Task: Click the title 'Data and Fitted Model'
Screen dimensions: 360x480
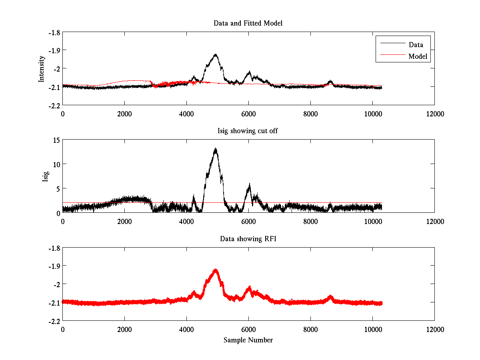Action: (x=248, y=23)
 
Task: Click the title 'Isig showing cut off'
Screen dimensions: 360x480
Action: (x=248, y=131)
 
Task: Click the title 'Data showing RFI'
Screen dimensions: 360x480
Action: (x=248, y=239)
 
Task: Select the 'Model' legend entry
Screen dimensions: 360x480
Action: (x=418, y=56)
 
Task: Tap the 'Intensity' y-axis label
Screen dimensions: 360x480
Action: (x=41, y=69)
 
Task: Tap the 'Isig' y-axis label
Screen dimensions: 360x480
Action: (x=45, y=176)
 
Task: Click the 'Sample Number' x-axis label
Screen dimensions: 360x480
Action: (x=248, y=340)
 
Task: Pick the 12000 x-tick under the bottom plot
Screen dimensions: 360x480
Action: (x=434, y=330)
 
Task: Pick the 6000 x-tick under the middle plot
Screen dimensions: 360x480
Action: (x=248, y=222)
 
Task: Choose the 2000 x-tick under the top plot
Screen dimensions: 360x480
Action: (x=124, y=114)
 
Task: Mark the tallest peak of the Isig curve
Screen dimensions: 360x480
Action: (x=216, y=148)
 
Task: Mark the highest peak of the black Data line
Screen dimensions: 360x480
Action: (x=216, y=54)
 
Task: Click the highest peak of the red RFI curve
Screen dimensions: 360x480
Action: (x=216, y=270)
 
